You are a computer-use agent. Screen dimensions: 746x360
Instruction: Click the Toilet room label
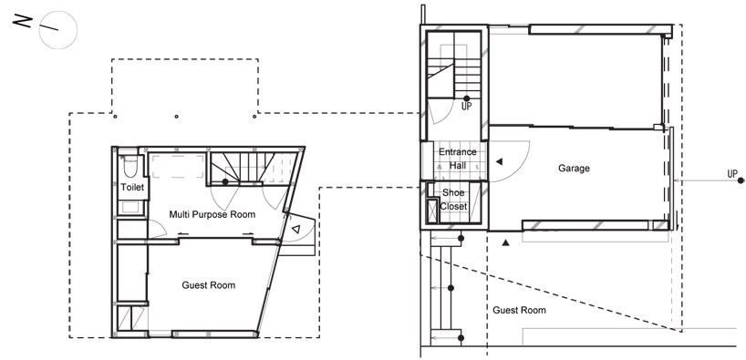coord(132,188)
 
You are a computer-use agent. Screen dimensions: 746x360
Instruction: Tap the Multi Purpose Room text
coord(212,214)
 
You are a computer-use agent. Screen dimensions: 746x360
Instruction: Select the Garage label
coord(574,169)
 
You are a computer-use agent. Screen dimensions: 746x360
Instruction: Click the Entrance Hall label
coord(457,159)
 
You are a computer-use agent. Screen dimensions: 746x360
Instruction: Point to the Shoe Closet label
coord(453,200)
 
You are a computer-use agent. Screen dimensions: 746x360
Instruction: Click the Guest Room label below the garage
coord(519,310)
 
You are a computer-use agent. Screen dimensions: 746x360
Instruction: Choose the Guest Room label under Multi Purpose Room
coord(208,285)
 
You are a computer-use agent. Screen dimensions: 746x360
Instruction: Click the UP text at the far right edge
coord(732,174)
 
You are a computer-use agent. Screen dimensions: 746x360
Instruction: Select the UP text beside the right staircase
coord(466,107)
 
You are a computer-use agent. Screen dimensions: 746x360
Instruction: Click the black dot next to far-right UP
coord(741,180)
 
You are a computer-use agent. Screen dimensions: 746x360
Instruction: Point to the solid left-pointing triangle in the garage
coord(499,161)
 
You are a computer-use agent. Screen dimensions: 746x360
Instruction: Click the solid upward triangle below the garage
coord(506,243)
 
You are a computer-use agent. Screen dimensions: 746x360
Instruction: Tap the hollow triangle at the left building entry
coord(295,230)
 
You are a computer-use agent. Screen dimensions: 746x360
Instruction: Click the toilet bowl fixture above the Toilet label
coord(130,167)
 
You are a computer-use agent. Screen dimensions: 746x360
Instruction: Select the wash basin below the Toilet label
coord(130,208)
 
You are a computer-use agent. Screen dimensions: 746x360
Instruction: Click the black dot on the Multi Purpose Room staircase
coord(225,181)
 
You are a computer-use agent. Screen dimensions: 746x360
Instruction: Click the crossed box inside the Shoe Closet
coord(432,211)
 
